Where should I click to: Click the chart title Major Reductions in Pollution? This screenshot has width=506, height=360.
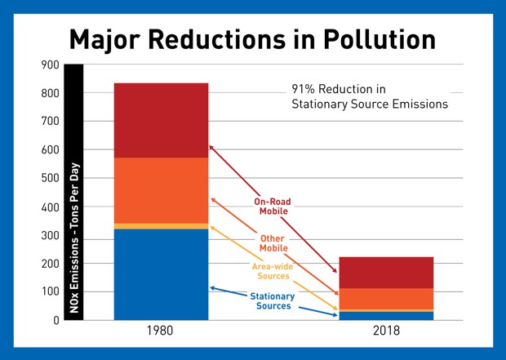coord(252,39)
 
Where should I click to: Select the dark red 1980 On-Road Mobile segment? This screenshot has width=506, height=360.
coord(161,120)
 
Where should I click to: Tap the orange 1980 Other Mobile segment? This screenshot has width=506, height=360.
coord(161,190)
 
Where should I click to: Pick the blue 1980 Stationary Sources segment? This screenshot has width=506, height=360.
coord(161,274)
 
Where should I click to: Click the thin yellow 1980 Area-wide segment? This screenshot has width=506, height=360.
coord(161,226)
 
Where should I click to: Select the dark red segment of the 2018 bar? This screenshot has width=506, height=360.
coord(387,273)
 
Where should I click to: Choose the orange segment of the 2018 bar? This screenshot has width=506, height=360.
coord(387,299)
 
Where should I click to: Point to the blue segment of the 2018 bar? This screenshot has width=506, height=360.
coord(387,316)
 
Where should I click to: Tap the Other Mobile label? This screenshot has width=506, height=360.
coord(273,242)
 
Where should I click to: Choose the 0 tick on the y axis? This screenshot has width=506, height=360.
coord(56,320)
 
